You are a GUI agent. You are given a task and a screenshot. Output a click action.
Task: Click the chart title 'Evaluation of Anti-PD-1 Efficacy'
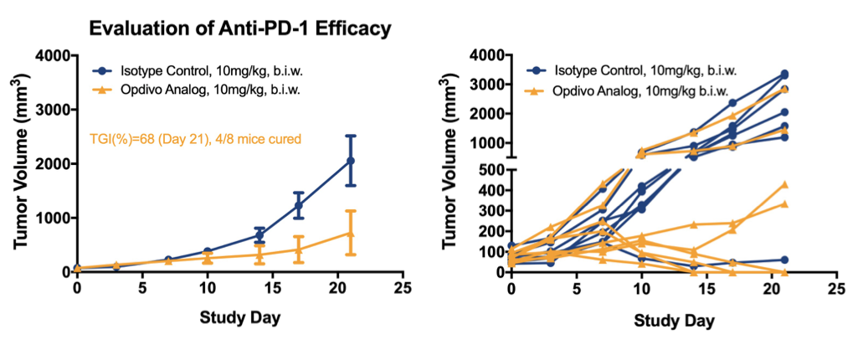click(240, 28)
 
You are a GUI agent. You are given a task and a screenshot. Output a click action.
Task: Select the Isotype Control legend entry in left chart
click(202, 70)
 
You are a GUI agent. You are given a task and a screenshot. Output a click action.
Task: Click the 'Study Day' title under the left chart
click(239, 318)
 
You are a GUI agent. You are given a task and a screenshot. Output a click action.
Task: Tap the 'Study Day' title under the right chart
click(673, 320)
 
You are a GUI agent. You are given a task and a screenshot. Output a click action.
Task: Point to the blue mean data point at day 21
click(351, 160)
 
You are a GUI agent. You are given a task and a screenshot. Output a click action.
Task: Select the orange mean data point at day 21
click(351, 234)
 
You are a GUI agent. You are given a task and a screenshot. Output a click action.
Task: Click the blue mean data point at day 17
click(299, 205)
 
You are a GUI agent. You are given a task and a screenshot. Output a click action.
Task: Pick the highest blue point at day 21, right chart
click(783, 74)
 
